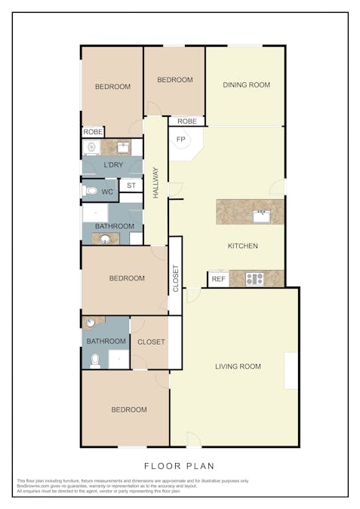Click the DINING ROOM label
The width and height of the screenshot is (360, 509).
246,85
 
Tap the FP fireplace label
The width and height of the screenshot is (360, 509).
181,140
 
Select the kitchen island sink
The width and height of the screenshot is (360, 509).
261,216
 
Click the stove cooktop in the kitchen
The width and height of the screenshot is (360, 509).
254,279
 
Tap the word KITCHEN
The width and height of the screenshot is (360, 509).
243,246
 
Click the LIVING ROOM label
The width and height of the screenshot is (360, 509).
238,367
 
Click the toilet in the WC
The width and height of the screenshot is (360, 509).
91,191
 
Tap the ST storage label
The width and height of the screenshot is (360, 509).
131,185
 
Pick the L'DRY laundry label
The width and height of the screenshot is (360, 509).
113,165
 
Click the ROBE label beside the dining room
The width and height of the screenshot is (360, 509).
187,121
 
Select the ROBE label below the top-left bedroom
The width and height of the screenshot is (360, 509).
93,132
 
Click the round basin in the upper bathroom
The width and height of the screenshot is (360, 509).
105,240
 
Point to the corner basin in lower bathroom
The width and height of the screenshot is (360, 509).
91,323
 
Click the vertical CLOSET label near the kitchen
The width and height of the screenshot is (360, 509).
176,277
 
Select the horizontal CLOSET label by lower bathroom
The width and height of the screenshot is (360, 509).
152,342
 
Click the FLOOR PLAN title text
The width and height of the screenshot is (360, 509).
180,466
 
